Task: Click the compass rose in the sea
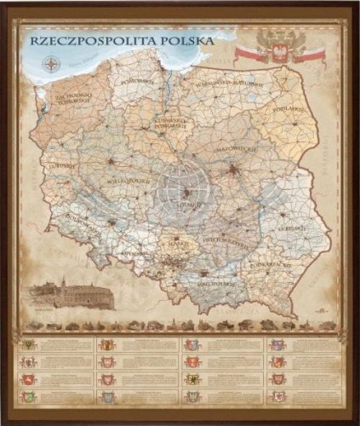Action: point(52,63)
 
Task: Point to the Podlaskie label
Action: point(292,109)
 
